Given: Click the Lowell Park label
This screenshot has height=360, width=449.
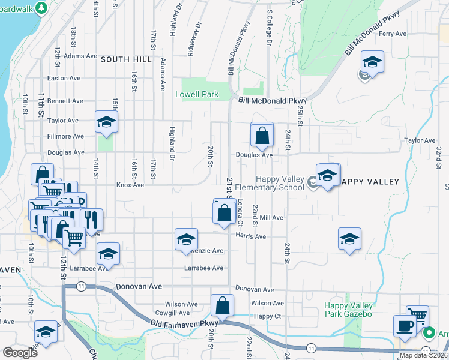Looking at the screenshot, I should (197, 95).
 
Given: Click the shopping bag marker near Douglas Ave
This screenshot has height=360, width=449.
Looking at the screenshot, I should (262, 136).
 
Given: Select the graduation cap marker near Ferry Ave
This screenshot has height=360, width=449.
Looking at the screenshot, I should (372, 62).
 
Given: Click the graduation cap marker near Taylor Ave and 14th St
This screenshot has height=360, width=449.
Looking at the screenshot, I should (106, 121).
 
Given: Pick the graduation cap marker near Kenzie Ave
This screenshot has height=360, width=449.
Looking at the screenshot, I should (186, 239).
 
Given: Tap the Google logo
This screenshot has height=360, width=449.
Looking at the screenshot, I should (20, 353).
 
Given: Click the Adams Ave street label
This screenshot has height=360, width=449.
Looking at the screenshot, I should (80, 56).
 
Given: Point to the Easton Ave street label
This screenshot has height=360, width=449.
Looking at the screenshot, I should (64, 78).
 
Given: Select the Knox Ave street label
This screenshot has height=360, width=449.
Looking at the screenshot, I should (130, 185).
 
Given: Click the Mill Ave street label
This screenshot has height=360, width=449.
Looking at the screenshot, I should (271, 218).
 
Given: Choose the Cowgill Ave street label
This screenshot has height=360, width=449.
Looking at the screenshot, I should (172, 313).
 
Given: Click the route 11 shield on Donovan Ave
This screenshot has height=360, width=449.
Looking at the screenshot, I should (80, 287).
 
